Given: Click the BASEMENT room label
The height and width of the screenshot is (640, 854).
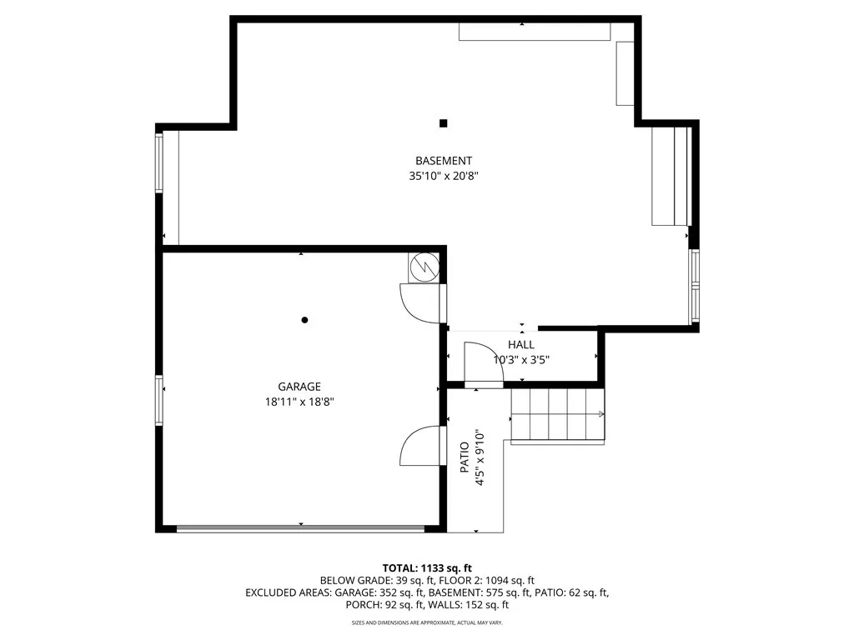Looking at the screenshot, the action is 444,161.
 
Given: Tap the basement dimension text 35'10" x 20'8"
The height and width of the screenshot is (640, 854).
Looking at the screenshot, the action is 444,176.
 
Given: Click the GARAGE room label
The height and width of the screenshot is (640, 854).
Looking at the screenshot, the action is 299,387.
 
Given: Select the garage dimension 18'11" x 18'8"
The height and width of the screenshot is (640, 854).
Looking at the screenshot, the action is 299,402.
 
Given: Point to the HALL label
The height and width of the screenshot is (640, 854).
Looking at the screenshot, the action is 521,344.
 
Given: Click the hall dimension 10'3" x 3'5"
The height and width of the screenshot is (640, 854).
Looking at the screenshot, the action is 521,359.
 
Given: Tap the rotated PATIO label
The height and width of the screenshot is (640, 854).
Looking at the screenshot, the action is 464,457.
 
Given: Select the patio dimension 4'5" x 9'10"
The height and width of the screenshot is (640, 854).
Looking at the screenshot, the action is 480,458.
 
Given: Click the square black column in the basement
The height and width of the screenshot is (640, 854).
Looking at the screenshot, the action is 444,123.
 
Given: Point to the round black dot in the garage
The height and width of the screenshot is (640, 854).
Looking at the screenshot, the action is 304,320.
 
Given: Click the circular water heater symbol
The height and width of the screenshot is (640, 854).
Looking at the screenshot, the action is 424,267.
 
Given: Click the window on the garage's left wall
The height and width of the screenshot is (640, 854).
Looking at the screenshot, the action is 159,400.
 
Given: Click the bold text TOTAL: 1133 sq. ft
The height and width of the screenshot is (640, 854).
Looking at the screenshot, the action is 427,568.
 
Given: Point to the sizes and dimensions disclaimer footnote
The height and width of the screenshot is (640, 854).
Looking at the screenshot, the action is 427,622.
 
